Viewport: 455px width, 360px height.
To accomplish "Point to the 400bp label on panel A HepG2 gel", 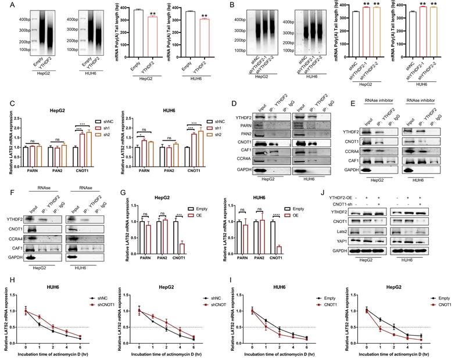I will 23,20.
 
